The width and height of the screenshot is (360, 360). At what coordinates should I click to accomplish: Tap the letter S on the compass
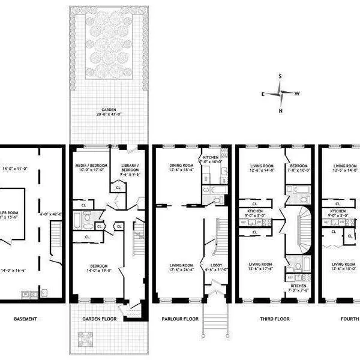[281, 77]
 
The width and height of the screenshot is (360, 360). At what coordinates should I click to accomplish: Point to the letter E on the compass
[263, 94]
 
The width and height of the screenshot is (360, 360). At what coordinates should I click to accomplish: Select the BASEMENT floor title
[27, 319]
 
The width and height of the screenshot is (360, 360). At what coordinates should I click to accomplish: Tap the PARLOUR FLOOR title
[191, 319]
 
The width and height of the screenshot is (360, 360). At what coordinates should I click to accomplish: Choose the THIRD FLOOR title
[274, 319]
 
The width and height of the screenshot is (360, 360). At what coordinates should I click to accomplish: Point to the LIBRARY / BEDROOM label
[130, 170]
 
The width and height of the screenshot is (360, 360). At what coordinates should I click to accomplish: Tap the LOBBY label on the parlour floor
[217, 267]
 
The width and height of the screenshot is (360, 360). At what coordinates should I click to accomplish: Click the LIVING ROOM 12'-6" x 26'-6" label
[179, 267]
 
